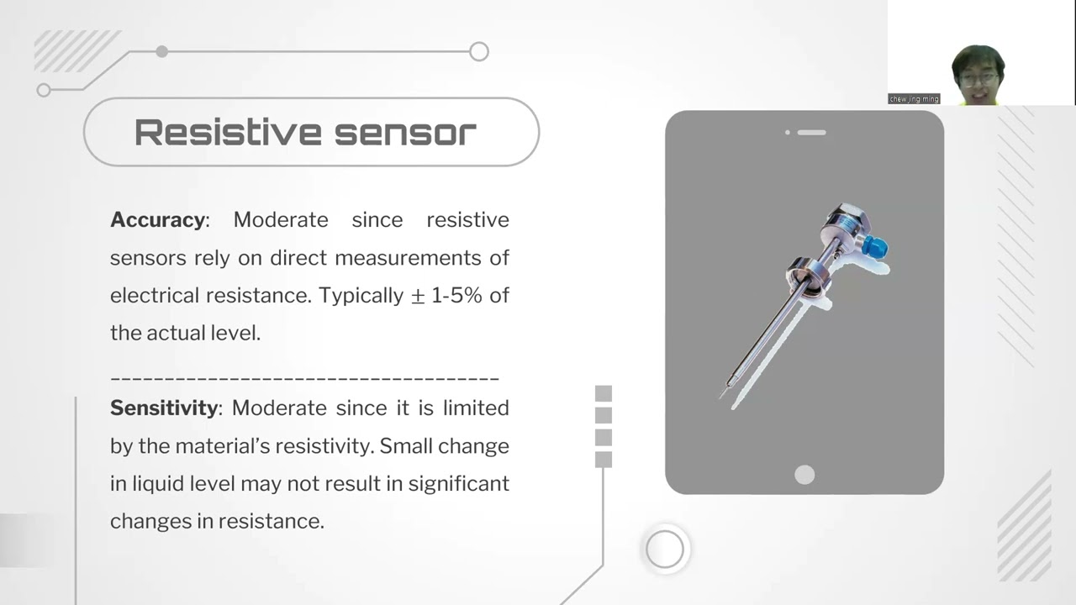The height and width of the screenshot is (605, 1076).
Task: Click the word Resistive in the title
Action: [x=227, y=133]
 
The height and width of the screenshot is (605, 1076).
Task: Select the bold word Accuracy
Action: [x=157, y=220]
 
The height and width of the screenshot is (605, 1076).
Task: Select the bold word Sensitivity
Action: [x=164, y=408]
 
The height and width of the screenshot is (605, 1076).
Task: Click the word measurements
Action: [x=407, y=258]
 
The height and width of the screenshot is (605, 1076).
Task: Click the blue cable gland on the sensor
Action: [x=878, y=247]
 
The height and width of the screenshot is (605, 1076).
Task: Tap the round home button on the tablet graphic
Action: [x=804, y=475]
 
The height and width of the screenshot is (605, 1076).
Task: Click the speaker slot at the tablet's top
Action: [x=811, y=132]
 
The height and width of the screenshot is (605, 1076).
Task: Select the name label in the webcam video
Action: [x=914, y=99]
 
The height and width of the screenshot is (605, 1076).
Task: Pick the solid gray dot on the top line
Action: [x=161, y=52]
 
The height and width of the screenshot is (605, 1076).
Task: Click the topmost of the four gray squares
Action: [x=603, y=394]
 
